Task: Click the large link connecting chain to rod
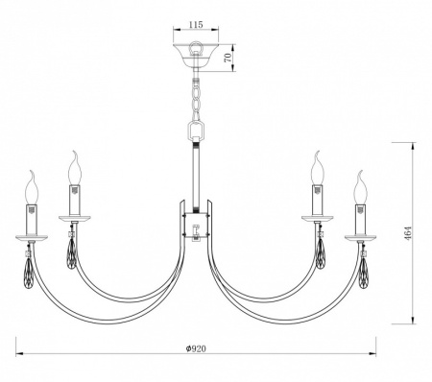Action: tap(197, 129)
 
